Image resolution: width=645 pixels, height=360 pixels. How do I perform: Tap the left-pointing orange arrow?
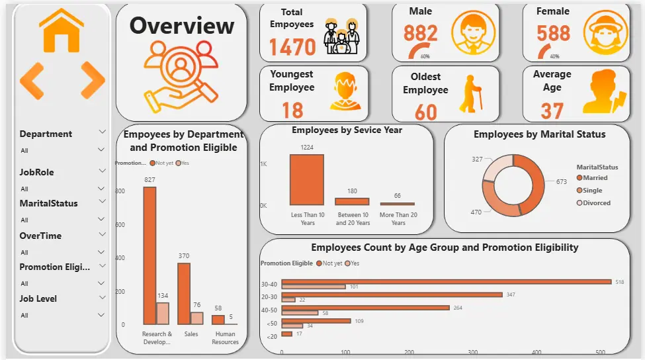(x=32, y=80)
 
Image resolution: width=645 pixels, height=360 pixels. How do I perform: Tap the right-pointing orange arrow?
(x=92, y=80)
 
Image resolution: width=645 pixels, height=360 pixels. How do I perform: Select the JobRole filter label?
(x=37, y=172)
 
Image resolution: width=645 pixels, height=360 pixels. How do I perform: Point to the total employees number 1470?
(x=292, y=47)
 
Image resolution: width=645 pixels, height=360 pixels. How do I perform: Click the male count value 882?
(x=421, y=32)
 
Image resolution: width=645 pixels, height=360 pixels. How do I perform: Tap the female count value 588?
(x=553, y=32)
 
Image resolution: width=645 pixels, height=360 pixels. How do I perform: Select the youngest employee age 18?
(x=292, y=109)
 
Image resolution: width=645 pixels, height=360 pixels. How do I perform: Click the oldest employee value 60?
(x=425, y=111)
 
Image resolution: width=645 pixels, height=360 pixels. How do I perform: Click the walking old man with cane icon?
(x=470, y=93)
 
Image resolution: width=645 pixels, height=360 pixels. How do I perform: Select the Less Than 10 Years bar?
(x=307, y=179)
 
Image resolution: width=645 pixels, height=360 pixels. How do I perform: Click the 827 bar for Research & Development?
(x=150, y=255)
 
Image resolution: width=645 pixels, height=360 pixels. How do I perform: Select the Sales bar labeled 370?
(x=183, y=293)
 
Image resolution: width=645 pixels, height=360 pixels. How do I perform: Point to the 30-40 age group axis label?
(x=269, y=285)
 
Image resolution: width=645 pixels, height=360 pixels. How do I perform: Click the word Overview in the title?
(x=181, y=25)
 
